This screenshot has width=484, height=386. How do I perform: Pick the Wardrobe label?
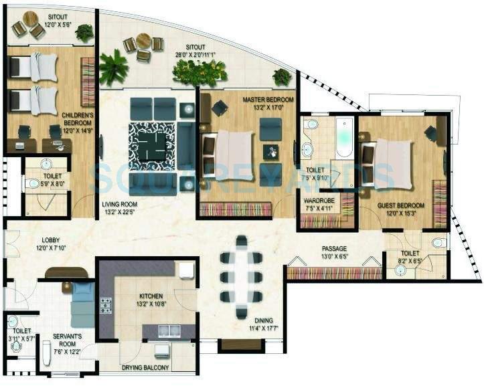(319, 199)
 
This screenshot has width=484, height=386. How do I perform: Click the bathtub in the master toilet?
(344, 138)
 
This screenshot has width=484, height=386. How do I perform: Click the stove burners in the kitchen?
(106, 306)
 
